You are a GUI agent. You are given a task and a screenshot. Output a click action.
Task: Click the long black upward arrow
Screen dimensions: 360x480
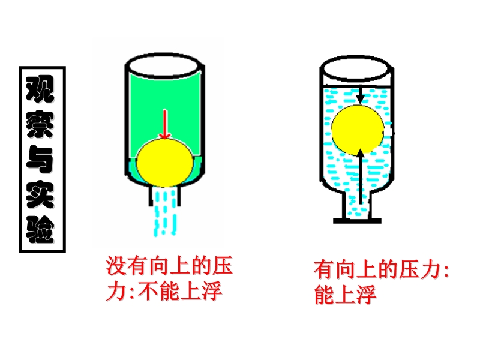pos(360,177)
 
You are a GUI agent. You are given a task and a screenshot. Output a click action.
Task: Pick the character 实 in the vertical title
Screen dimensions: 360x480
pos(41,195)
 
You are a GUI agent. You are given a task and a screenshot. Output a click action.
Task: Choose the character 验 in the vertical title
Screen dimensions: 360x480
pos(41,229)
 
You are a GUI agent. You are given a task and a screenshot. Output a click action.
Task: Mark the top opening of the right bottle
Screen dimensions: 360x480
pos(358,68)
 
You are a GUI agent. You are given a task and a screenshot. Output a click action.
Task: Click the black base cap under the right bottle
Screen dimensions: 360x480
pos(358,221)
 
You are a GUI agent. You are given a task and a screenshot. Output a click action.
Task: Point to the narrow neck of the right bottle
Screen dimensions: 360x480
pos(358,204)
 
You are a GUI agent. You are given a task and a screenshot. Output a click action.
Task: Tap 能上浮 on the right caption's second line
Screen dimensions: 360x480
pos(345,295)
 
